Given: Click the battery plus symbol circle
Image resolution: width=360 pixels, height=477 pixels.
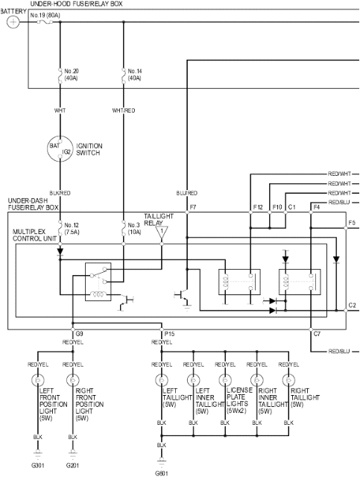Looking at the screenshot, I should coord(13,22).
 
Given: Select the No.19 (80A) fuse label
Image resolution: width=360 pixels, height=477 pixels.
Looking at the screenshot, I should coord(45,14).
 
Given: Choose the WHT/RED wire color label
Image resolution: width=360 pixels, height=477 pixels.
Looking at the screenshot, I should coord(123,110).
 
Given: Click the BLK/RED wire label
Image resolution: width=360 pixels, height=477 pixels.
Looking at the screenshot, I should coord(60,193).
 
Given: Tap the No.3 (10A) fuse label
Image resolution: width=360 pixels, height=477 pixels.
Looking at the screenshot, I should coord(134,227).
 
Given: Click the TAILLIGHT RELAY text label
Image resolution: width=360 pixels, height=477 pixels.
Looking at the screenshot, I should coord(158,218).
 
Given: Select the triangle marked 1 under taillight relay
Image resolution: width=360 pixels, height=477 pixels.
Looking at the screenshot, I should coord(160,234).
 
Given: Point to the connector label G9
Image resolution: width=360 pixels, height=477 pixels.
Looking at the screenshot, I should coord(79,334).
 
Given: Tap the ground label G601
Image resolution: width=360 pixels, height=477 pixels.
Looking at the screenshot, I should coord(161,473).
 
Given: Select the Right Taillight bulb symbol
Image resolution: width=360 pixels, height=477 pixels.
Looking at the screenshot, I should coord(283,380).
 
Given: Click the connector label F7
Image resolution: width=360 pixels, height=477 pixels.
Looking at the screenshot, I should coord(194,206).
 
